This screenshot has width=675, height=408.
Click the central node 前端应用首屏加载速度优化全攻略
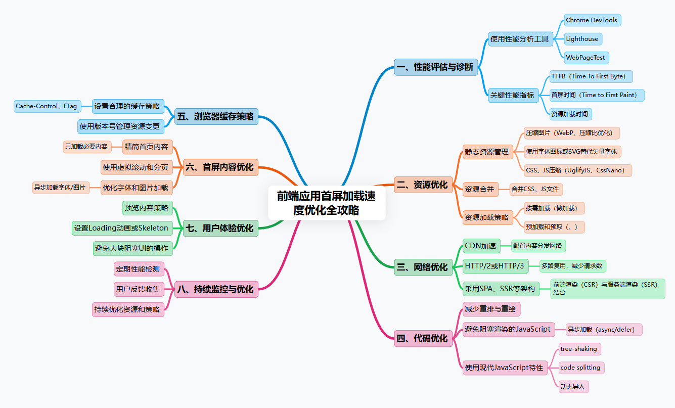click(327, 203)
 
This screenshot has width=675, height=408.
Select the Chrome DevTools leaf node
click(592, 20)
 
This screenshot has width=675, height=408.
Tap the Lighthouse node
click(582, 39)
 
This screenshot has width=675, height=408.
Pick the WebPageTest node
click(586, 58)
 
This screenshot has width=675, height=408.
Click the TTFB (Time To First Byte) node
click(591, 76)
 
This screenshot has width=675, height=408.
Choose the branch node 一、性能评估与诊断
click(436, 67)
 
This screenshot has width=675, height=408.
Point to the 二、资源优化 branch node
click(423, 185)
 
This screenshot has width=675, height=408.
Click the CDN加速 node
click(481, 246)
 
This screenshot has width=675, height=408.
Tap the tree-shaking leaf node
click(578, 349)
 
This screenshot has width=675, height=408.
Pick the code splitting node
click(580, 368)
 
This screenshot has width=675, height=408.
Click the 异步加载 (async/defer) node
click(604, 330)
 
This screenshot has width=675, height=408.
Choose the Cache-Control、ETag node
click(47, 106)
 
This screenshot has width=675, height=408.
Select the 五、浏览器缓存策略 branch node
click(216, 116)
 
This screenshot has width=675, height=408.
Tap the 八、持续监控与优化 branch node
click(216, 290)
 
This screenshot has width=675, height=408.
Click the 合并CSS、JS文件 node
click(535, 190)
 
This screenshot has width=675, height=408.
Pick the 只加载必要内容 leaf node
click(86, 147)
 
